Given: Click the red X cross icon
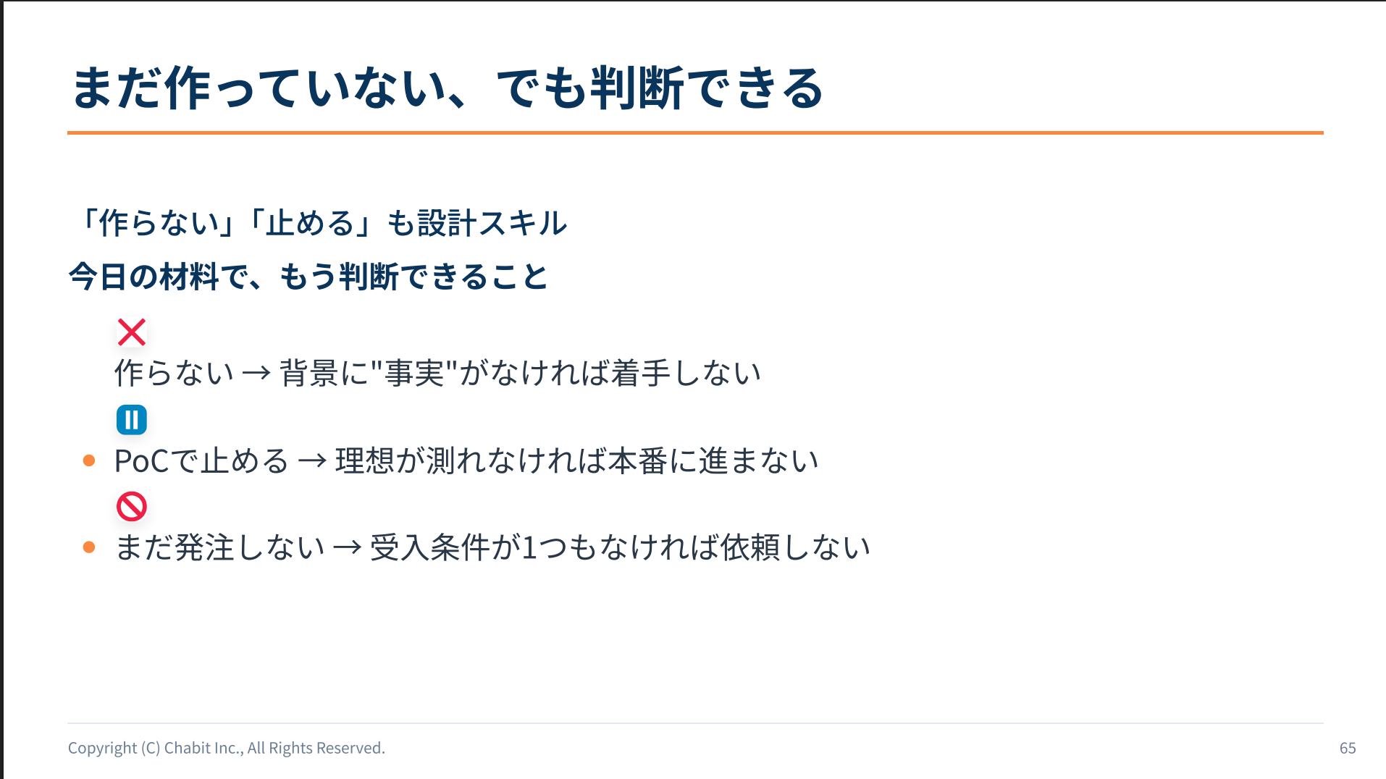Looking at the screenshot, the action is [x=132, y=332].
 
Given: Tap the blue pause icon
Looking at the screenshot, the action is [x=132, y=420].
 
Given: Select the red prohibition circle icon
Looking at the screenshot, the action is [x=132, y=507].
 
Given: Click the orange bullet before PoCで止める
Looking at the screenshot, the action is [x=89, y=460].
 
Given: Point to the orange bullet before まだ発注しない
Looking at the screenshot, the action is [x=89, y=547].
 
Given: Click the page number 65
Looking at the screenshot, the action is [x=1348, y=748].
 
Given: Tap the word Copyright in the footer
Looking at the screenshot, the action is [x=102, y=748].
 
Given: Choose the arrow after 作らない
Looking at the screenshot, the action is [x=256, y=374].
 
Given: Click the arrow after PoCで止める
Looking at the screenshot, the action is [x=312, y=461].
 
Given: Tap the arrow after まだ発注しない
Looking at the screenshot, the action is [x=347, y=548].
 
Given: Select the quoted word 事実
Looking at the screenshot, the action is [x=414, y=374].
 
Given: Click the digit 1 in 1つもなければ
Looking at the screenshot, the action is [x=529, y=548].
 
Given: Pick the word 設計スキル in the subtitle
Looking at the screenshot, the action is [x=492, y=223].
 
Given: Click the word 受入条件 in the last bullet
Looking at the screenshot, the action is [x=430, y=548].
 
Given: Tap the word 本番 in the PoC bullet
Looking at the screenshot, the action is [x=637, y=461].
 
